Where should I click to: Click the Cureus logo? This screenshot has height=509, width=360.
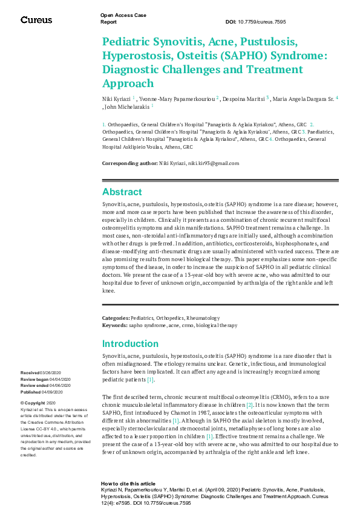36,20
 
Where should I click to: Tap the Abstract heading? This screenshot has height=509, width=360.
122,192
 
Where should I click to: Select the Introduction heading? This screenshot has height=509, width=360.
130,344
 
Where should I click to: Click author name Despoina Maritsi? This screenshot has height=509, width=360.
245,98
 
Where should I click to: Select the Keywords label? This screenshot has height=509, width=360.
114,325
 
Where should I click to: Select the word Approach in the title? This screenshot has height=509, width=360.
128,83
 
